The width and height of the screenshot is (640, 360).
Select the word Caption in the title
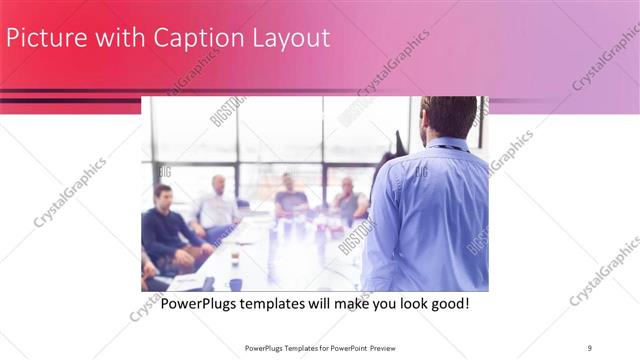(x=196, y=39)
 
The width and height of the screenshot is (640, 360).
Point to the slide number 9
(x=590, y=347)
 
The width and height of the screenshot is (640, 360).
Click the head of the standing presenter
(x=448, y=118)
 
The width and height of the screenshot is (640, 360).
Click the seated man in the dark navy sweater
(x=166, y=230)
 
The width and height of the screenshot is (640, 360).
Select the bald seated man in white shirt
(x=219, y=205)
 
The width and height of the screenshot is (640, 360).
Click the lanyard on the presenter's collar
(x=445, y=148)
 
